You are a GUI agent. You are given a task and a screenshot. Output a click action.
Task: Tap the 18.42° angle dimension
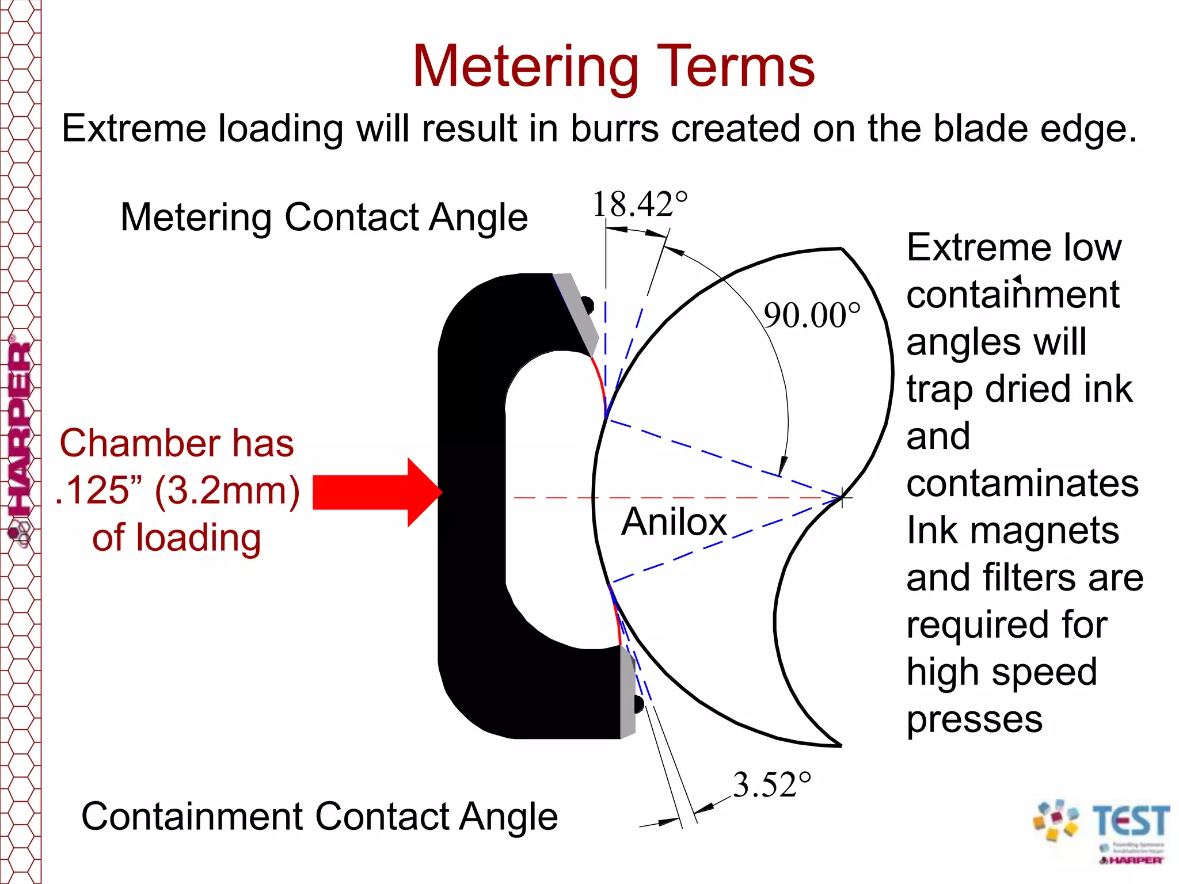click(640, 204)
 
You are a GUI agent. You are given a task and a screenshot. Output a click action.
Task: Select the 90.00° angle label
click(812, 315)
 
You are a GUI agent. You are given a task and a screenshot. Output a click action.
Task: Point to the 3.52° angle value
click(771, 785)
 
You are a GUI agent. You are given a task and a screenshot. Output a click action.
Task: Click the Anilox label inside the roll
click(674, 521)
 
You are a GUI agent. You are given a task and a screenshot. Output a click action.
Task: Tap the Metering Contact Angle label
click(324, 218)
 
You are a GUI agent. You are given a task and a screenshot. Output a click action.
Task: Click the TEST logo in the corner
click(1102, 829)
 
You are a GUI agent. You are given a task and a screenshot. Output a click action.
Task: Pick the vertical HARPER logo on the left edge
click(20, 437)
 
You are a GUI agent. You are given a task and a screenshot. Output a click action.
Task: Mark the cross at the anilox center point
click(842, 498)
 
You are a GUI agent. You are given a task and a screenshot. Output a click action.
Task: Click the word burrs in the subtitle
click(614, 128)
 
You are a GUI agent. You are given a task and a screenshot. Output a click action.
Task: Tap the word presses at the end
click(975, 719)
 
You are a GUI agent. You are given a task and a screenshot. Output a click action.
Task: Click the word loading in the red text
click(199, 538)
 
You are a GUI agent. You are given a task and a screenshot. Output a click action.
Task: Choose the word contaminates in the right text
click(1022, 483)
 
